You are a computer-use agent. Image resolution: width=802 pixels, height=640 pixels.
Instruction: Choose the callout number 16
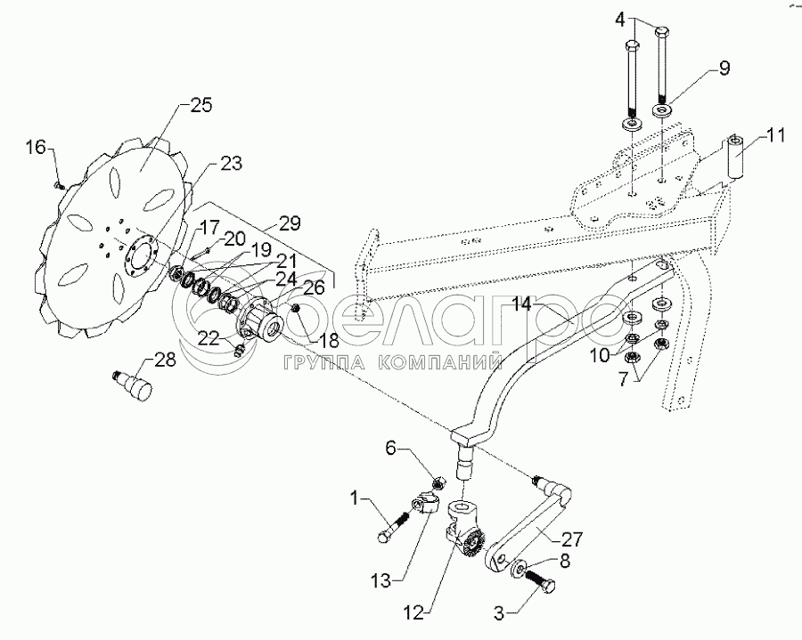(36, 148)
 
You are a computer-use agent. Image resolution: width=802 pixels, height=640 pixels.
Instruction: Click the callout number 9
(724, 69)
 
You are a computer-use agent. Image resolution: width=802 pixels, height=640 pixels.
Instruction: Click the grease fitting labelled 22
(238, 350)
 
